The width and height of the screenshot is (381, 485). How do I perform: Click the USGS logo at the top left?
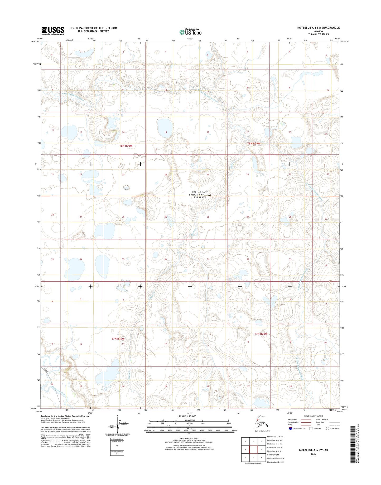(x=53, y=31)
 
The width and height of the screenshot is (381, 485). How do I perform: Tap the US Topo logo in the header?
(x=190, y=32)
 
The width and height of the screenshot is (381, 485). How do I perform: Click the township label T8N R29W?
(x=254, y=143)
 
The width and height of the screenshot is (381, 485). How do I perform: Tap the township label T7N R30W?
(x=118, y=339)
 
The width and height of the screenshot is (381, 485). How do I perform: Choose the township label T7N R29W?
(x=261, y=334)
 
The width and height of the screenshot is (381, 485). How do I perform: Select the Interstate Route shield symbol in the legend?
(x=290, y=428)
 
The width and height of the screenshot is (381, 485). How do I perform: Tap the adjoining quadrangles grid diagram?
(x=253, y=450)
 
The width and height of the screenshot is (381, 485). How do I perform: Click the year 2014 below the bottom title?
(x=313, y=454)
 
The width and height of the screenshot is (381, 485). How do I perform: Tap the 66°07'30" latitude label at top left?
(x=35, y=42)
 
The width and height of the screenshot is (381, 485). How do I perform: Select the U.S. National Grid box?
(x=117, y=448)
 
